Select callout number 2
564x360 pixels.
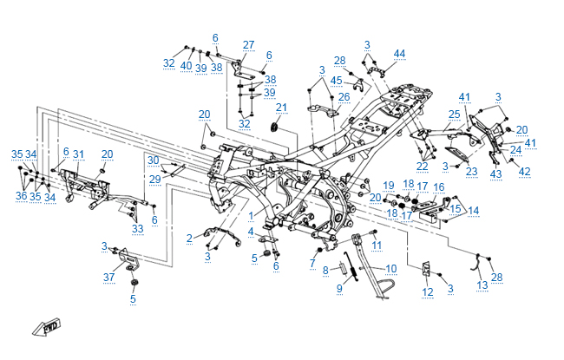coord(190,238)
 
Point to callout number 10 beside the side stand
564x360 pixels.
coord(390,269)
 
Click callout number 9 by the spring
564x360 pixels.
coord(339,287)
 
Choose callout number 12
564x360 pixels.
coord(427,293)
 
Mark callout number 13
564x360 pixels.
coord(482,285)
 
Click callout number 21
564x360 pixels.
coord(281,108)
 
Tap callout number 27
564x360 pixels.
coord(248,45)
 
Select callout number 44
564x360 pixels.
coord(399,54)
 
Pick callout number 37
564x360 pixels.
coord(109,278)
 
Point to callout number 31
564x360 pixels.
coord(79,154)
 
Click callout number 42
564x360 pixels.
coord(523,172)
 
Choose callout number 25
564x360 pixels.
coord(454,114)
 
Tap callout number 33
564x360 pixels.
coord(137,228)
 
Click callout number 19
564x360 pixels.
coord(389,186)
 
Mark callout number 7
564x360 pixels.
coord(312,262)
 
